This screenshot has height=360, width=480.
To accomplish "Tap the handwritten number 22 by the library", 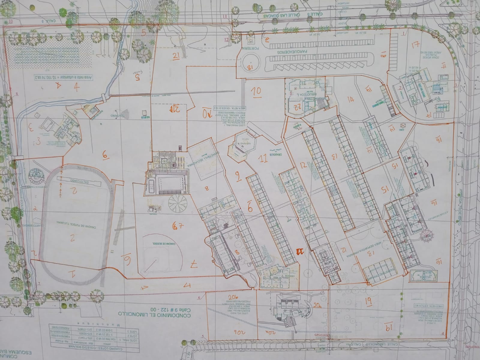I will coord(298,106).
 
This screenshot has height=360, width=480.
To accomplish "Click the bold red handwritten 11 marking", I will coord(299,251).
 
